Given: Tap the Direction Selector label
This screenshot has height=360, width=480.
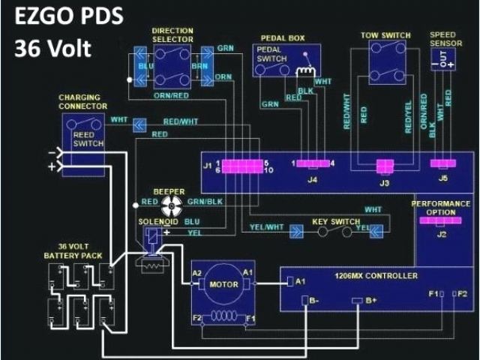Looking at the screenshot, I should (x=172, y=35).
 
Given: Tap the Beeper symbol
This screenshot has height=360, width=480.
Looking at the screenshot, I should (x=168, y=204).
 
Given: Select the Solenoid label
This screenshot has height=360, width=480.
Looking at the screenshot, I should (x=157, y=222).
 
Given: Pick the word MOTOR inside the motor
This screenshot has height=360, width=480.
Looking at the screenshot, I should (x=223, y=284).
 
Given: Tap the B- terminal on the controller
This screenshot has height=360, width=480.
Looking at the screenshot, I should (x=307, y=301).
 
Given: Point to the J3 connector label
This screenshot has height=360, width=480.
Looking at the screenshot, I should (x=385, y=182).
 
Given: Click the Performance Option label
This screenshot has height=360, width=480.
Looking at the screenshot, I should (x=444, y=208).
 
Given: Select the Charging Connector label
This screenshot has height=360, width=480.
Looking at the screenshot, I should (x=85, y=102).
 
